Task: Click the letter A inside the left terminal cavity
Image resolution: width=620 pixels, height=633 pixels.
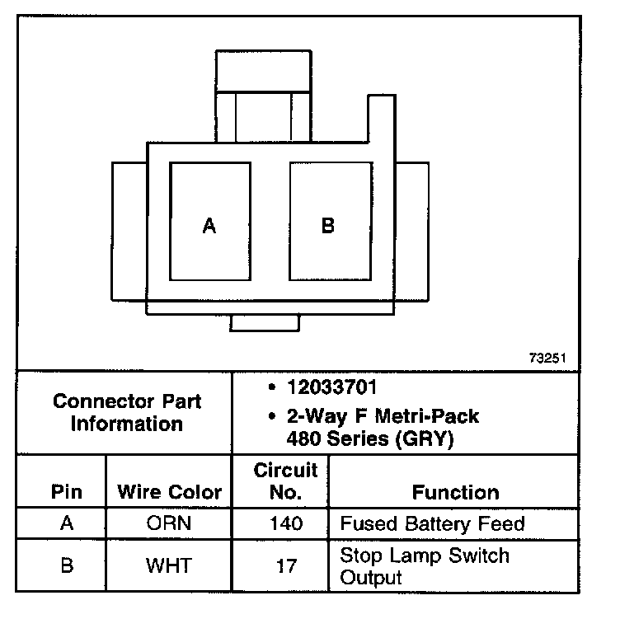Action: (x=209, y=226)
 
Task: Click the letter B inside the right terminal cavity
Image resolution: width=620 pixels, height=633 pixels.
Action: (x=327, y=225)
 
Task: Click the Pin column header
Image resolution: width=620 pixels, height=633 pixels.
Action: (x=67, y=492)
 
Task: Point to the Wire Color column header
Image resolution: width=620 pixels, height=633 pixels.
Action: (x=170, y=492)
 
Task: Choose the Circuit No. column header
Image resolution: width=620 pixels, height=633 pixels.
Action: (x=285, y=481)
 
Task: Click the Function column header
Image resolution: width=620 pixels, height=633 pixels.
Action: (x=455, y=492)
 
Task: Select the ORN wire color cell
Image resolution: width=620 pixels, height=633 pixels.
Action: (x=169, y=523)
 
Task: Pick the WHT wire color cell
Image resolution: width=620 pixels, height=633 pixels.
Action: (x=169, y=565)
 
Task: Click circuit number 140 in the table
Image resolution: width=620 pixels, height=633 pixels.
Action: (x=285, y=523)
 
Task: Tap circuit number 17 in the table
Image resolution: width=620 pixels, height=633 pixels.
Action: (x=285, y=565)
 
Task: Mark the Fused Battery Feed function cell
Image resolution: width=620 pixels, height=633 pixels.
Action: (x=432, y=523)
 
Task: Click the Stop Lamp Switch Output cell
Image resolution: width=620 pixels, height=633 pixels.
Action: (x=425, y=565)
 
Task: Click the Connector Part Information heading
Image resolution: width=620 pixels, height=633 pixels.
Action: (x=127, y=413)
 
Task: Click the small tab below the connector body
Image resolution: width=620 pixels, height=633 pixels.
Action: (x=264, y=322)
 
